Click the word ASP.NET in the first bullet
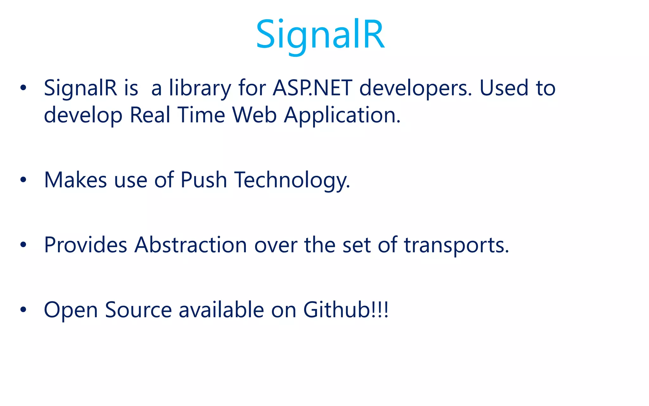coord(312,88)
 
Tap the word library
coord(200,88)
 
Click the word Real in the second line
coord(150,115)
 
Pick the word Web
coord(254,115)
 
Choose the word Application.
coord(342,115)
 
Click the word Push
coord(203,180)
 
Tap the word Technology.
coord(292,180)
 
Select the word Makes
coord(75,180)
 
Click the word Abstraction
coord(190,245)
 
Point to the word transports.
coord(456,245)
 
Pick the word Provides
coord(86,245)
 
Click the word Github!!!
coord(346,310)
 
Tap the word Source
coord(138,310)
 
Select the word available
coord(221,310)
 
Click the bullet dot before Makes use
coord(23,180)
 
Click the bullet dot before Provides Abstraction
coord(23,245)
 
